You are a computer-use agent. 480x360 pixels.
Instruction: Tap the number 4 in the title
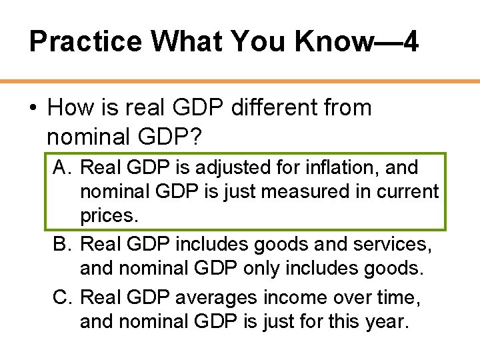[411, 41]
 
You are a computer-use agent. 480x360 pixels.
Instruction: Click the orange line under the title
[240, 81]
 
